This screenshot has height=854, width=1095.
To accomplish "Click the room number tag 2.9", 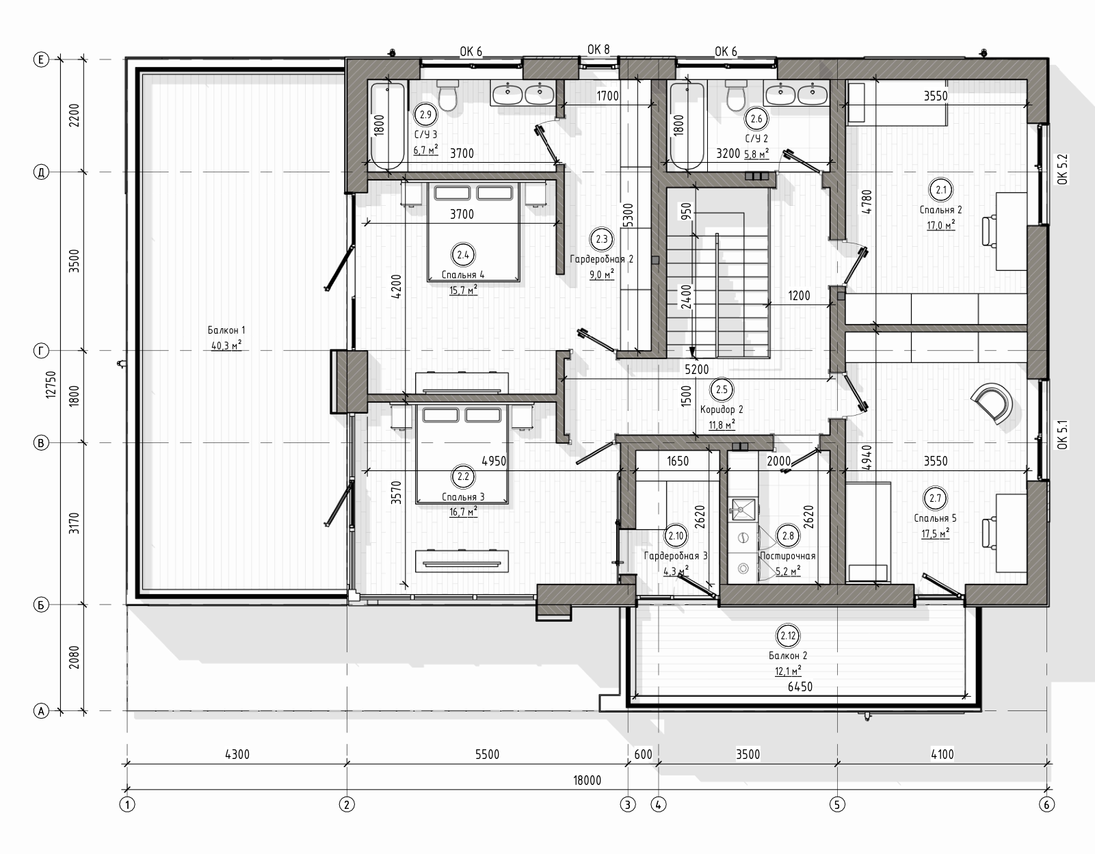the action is tap(426, 114).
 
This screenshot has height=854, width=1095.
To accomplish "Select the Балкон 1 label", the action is tap(226, 330).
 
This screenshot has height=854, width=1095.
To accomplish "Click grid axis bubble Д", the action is tap(41, 173).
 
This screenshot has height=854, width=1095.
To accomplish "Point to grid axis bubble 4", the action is tap(658, 805).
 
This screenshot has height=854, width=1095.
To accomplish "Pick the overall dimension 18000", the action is tap(587, 780).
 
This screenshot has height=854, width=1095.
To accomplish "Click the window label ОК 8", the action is tap(598, 49).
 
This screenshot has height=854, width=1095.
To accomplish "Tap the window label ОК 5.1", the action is tap(1062, 435).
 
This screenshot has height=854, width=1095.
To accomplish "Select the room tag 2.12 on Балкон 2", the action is tap(788, 636).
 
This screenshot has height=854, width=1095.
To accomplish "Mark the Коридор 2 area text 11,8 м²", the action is tap(722, 425).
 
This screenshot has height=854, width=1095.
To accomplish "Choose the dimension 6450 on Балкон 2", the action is tap(800, 687).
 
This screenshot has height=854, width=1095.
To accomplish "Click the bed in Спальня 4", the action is tap(473, 232).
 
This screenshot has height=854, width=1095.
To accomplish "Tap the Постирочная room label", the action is tap(788, 556).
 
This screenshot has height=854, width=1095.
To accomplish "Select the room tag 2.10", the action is tap(676, 536).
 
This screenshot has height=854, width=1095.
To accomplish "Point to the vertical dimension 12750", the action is tap(51, 385).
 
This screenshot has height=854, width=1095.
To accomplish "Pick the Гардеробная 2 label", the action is tap(602, 259).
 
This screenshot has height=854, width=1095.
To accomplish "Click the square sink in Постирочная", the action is tap(743, 509).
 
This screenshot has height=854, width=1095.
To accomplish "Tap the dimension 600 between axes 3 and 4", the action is tap(643, 754).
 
